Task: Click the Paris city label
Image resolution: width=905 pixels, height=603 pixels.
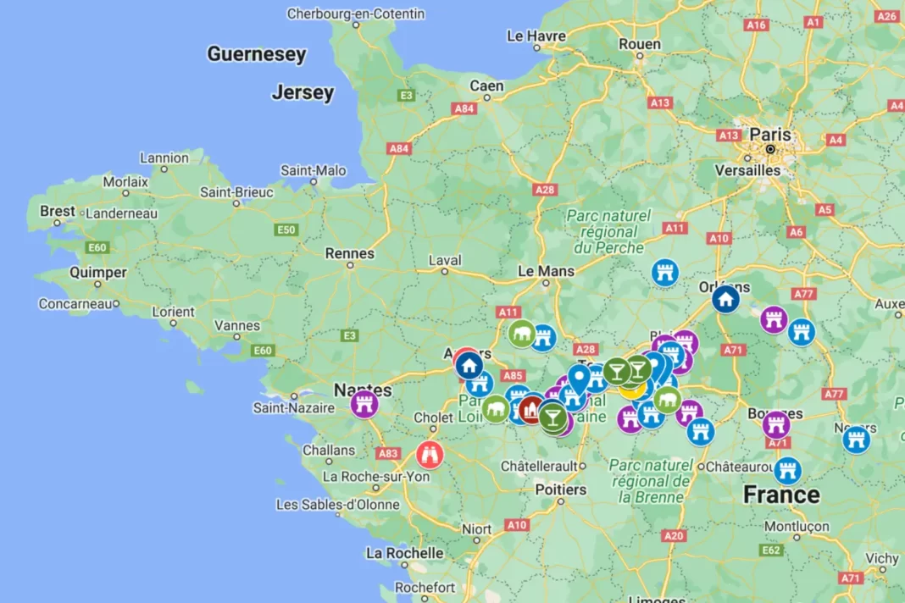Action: click(x=769, y=135)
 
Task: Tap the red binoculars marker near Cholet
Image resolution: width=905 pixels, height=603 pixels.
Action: click(x=430, y=454)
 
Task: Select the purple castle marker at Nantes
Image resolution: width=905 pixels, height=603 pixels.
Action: click(x=364, y=403)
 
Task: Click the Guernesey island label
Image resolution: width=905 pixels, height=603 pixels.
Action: click(x=257, y=54)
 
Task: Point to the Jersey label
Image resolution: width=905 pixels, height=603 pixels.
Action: click(x=303, y=92)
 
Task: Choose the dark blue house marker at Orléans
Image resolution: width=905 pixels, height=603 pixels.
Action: click(x=725, y=299)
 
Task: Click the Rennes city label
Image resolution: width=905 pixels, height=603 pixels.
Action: click(x=349, y=253)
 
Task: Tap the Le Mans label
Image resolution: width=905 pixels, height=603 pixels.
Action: click(x=546, y=271)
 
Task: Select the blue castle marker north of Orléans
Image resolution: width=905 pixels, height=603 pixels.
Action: click(x=666, y=272)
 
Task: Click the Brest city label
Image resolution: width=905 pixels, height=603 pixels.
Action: click(x=57, y=211)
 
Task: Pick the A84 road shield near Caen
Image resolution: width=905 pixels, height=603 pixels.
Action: click(x=464, y=108)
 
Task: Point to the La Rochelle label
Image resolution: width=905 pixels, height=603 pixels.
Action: click(x=404, y=553)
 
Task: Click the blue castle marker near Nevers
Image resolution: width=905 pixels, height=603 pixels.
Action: click(x=857, y=439)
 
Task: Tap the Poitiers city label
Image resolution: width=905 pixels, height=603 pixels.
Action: click(x=560, y=490)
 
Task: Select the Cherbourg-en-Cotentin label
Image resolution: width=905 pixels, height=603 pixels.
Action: click(x=356, y=14)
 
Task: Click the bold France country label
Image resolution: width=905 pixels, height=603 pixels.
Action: click(x=781, y=495)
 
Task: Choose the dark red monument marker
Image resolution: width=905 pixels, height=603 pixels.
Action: click(x=531, y=409)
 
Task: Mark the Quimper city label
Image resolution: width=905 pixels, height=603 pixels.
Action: click(x=97, y=273)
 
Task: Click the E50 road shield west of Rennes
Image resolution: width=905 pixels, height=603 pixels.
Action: click(x=286, y=230)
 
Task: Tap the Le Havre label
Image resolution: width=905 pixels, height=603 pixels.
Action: click(x=536, y=36)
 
